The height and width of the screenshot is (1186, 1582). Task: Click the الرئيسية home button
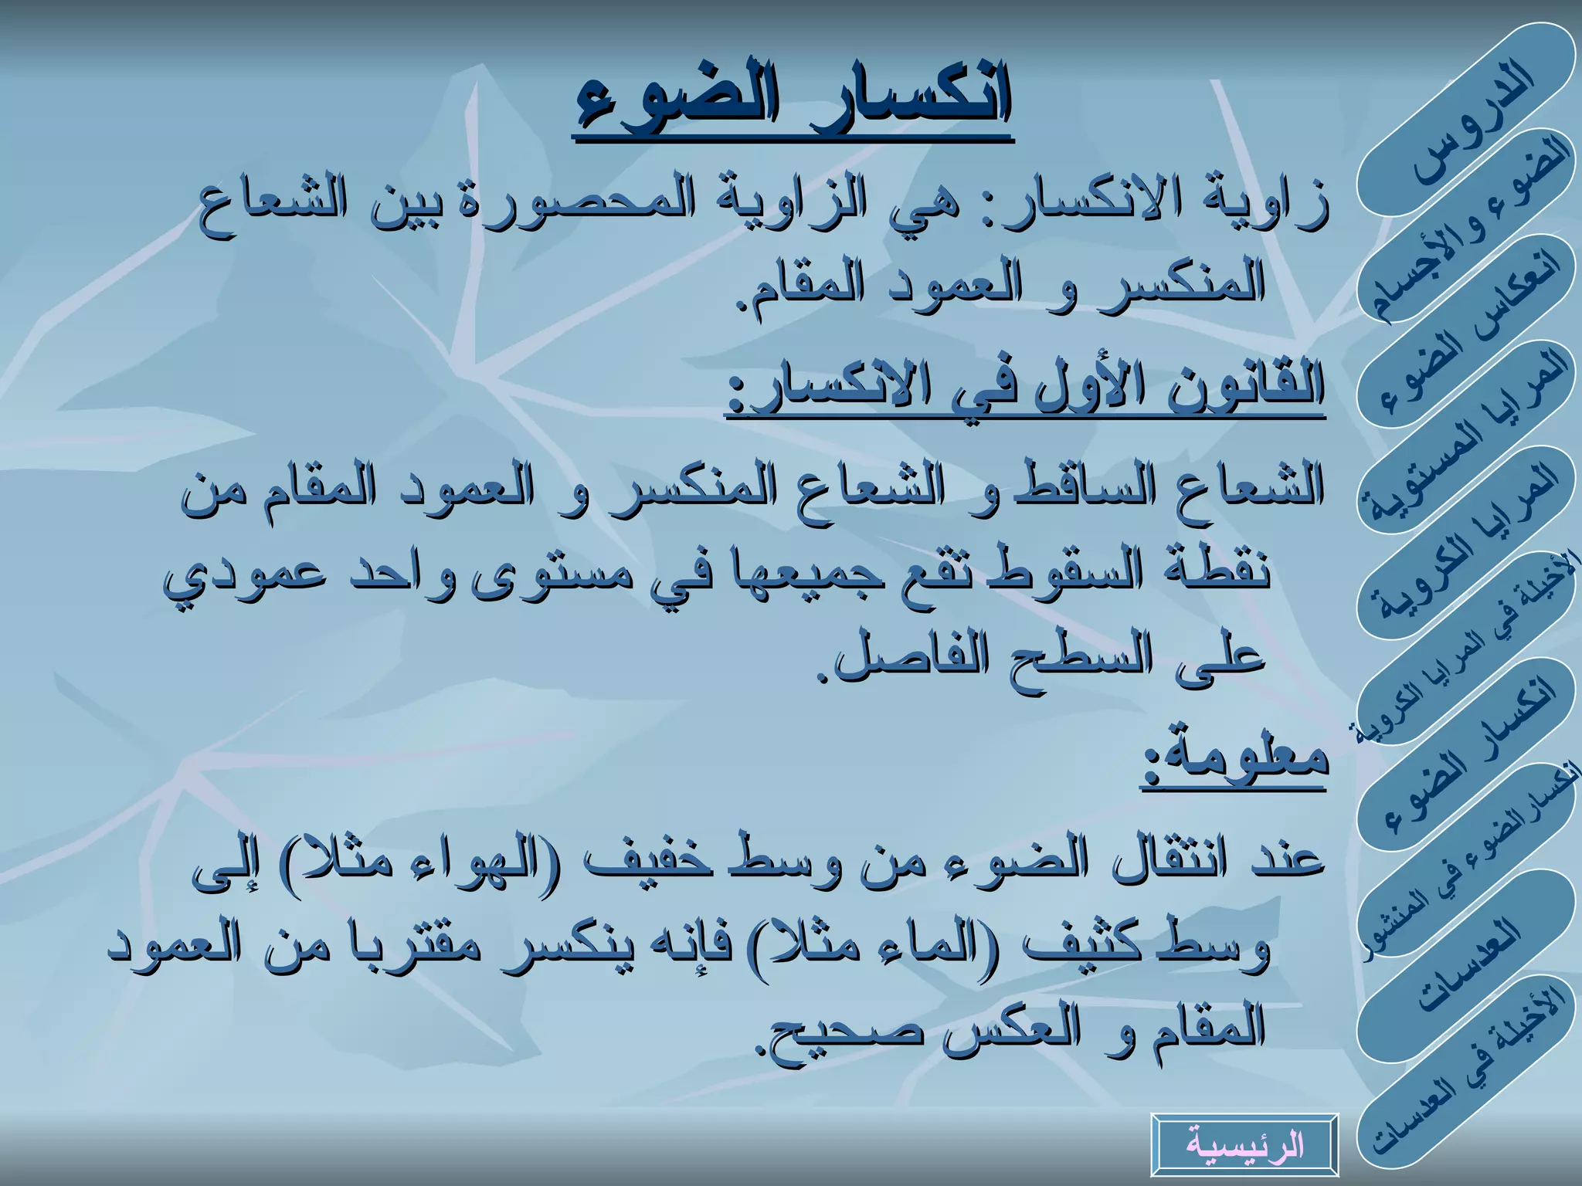pos(1244,1144)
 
